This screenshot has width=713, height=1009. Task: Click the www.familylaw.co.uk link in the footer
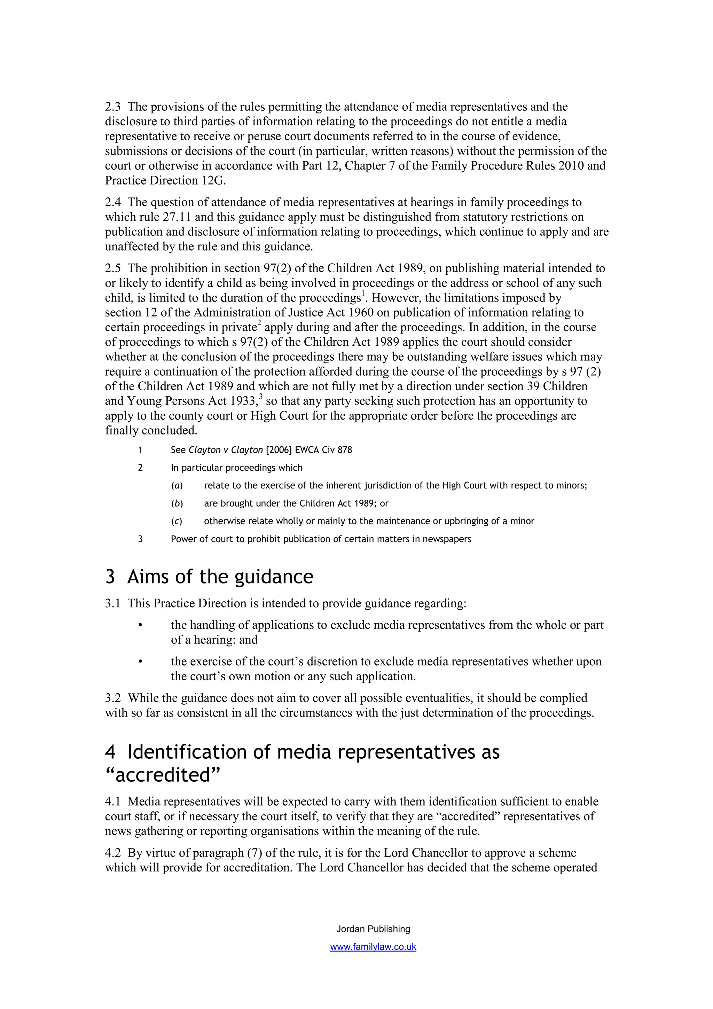click(373, 947)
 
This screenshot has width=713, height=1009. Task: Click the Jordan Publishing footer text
click(373, 929)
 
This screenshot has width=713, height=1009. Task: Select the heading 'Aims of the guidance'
click(220, 577)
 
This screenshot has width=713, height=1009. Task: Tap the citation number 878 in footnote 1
click(345, 450)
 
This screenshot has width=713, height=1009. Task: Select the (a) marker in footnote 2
click(177, 486)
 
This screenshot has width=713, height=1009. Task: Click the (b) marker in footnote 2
click(177, 503)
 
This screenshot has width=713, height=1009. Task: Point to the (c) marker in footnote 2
click(177, 521)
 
